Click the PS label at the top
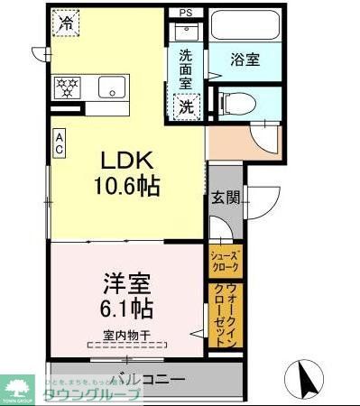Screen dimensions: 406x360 [186, 13]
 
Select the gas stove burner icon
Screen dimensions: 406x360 [68, 88]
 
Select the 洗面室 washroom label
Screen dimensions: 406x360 [185, 68]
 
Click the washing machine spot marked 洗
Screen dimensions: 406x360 [186, 105]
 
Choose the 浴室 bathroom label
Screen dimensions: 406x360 [245, 60]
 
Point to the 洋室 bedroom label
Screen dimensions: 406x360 [125, 281]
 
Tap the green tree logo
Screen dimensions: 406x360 [15, 388]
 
